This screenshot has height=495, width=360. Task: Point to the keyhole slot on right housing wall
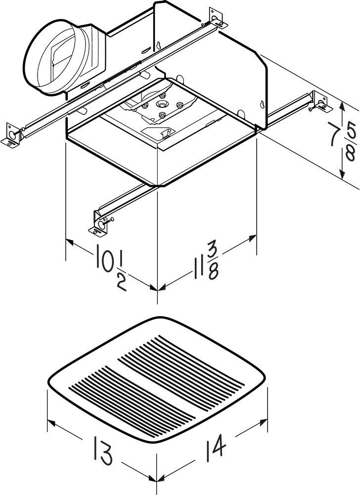coord(261,104)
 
